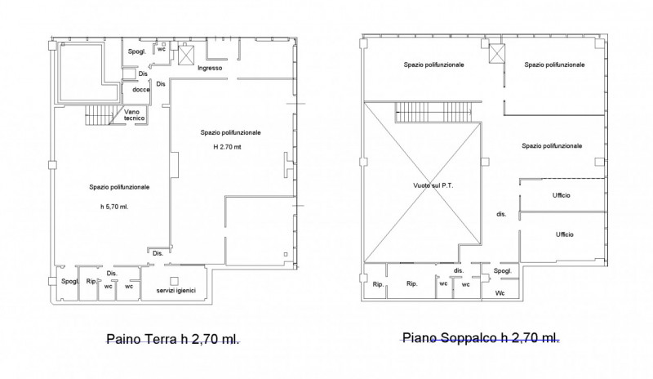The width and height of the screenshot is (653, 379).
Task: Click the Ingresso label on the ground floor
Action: [211, 68]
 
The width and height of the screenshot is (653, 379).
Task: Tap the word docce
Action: [141, 90]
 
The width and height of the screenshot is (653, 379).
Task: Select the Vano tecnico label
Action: [135, 115]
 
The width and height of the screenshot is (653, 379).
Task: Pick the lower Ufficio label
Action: [564, 234]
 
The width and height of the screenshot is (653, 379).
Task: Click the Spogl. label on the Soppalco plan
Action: [503, 271]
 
